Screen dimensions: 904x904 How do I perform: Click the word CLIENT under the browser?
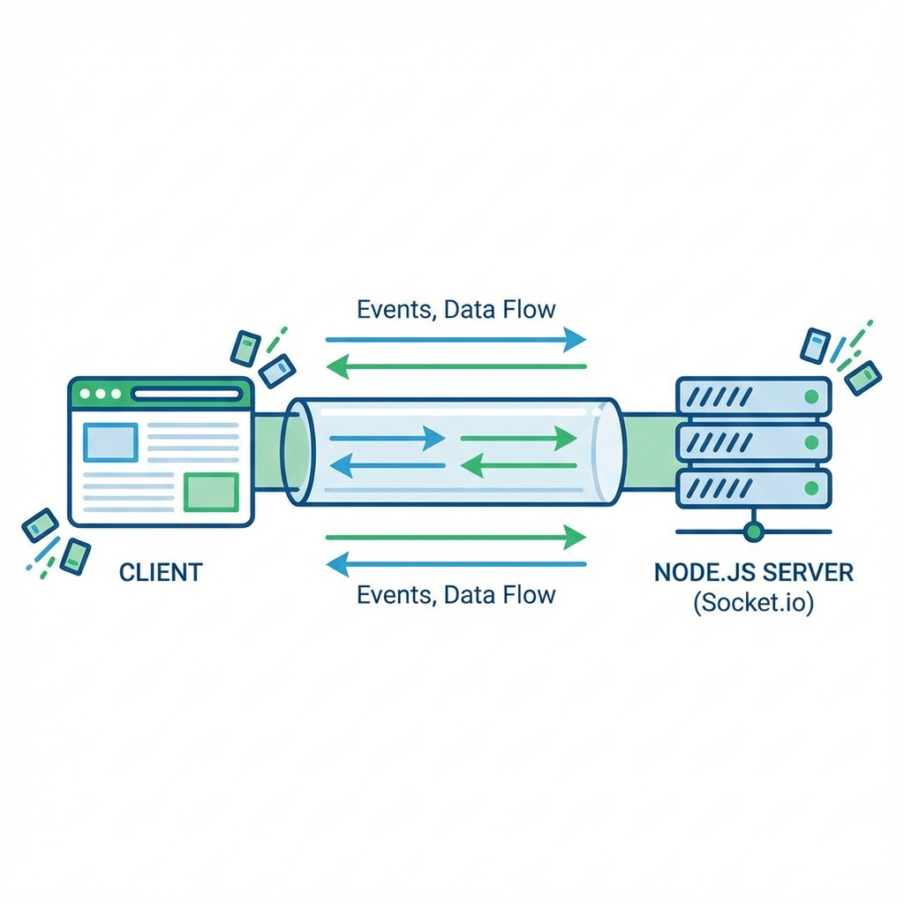(x=160, y=572)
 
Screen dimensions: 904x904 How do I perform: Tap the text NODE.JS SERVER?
(x=753, y=572)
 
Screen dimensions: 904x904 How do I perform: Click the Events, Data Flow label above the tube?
(x=456, y=310)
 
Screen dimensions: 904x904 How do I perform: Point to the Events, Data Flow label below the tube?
(x=456, y=594)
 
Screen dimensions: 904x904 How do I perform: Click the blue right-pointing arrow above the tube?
(x=456, y=339)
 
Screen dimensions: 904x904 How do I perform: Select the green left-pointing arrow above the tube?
(x=456, y=365)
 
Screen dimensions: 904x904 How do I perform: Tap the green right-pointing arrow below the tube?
(x=456, y=536)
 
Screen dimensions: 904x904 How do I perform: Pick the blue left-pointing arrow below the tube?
(x=456, y=562)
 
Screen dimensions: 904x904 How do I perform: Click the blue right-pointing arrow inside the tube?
(x=386, y=436)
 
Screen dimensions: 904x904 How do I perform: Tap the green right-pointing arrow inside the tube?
(x=519, y=436)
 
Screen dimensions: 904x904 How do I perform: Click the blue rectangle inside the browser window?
(x=110, y=442)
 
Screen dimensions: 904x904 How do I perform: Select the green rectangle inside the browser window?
(x=210, y=492)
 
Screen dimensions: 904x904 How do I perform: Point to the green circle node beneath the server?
(x=753, y=531)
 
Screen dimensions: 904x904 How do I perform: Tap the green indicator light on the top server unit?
(x=810, y=396)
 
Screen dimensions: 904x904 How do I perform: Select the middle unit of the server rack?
(x=753, y=441)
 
